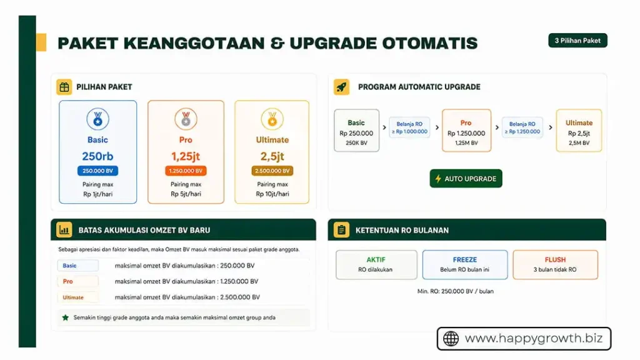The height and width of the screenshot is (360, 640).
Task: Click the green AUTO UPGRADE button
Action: [466, 179]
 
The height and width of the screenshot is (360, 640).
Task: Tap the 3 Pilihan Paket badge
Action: [577, 41]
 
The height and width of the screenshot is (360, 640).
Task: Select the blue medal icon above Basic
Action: [97, 118]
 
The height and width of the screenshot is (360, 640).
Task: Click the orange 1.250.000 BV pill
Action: [186, 171]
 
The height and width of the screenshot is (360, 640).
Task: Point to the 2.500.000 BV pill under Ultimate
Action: [272, 171]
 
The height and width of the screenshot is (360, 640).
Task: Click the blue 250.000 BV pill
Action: [97, 171]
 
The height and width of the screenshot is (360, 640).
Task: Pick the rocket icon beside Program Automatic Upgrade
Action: [341, 87]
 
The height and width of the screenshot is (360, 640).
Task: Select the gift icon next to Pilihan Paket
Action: [64, 87]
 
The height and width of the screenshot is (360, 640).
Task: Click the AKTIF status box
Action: [376, 264]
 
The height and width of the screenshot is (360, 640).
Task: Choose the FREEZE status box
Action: [465, 264]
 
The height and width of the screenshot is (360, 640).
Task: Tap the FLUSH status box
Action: [555, 264]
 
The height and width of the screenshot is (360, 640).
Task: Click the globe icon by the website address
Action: [451, 339]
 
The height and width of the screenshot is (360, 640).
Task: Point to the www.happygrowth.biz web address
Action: [534, 339]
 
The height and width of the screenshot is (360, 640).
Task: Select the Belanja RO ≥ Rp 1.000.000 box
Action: [409, 127]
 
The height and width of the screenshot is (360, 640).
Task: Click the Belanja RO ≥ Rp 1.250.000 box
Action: [522, 127]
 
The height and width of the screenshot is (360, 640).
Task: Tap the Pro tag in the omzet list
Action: [77, 282]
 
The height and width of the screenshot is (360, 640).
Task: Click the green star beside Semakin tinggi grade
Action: [65, 317]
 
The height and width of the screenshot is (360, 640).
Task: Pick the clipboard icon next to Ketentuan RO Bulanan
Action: [341, 230]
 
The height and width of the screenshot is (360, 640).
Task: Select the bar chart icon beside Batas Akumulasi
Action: [64, 230]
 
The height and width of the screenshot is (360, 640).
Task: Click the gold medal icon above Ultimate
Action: [272, 118]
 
